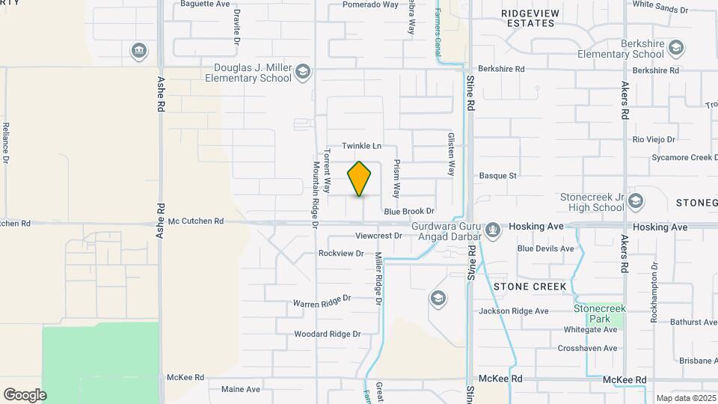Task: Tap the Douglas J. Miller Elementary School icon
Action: [x=302, y=72]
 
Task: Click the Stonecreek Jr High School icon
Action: [x=635, y=201]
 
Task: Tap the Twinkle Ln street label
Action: [x=362, y=145]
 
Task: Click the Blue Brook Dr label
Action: [x=409, y=212]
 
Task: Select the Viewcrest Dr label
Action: [x=378, y=236]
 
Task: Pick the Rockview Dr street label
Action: [x=341, y=254]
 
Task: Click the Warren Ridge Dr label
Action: [x=322, y=302]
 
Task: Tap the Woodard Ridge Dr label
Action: [x=328, y=334]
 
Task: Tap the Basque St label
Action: [x=498, y=176]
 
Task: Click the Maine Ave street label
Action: [x=241, y=389]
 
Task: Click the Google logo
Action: [x=25, y=394]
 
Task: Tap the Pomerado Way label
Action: [x=370, y=4]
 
